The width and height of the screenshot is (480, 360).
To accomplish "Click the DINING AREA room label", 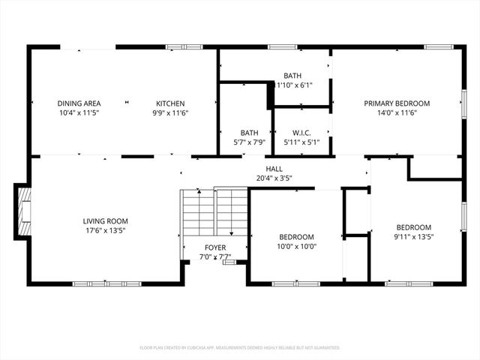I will point(79,103).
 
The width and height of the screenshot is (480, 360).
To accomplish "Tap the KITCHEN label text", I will point(170,103).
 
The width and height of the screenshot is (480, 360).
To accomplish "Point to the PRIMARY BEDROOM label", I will point(397,103).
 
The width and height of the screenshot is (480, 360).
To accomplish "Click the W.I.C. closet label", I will point(302,133).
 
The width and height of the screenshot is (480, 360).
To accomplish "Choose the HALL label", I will point(273,169).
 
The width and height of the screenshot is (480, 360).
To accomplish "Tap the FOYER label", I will point(214,248).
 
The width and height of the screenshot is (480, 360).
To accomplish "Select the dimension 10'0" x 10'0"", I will point(296,247).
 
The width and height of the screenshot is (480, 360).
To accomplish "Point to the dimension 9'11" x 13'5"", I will point(413,237).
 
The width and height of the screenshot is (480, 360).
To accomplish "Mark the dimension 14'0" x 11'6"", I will point(397,113).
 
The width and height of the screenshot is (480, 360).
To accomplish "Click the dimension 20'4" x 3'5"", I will point(273,178).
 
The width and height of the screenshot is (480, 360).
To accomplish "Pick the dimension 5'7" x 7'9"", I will point(249,142).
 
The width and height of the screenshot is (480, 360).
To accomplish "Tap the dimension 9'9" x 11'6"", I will point(170,113).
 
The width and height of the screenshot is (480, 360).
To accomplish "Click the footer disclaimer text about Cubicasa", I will point(240,348).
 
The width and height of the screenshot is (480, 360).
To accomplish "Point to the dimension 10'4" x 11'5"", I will point(79,113).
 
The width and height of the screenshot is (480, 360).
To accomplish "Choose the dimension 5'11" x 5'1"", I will point(302,142).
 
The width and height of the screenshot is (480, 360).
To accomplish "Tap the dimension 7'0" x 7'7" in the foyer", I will point(214,257).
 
